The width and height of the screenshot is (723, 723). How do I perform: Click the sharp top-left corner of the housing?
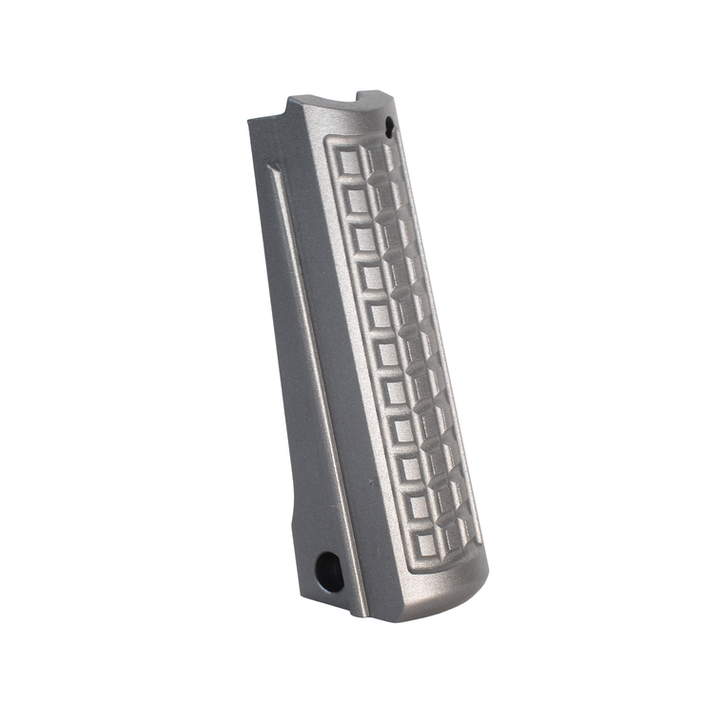tap(249, 118)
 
